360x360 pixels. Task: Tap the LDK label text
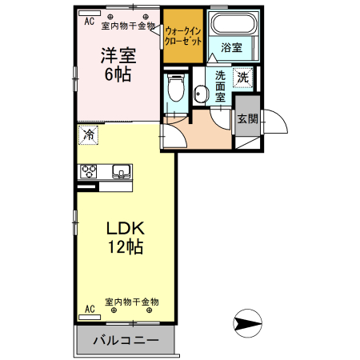click(x=126, y=227)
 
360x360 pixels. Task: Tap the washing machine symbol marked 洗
click(x=244, y=78)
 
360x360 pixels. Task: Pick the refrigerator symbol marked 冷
click(x=90, y=135)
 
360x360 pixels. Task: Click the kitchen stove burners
click(x=88, y=171)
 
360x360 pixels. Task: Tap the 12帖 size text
click(x=126, y=247)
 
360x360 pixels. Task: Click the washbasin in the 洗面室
click(x=200, y=94)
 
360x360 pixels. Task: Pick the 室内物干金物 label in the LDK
click(x=132, y=302)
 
